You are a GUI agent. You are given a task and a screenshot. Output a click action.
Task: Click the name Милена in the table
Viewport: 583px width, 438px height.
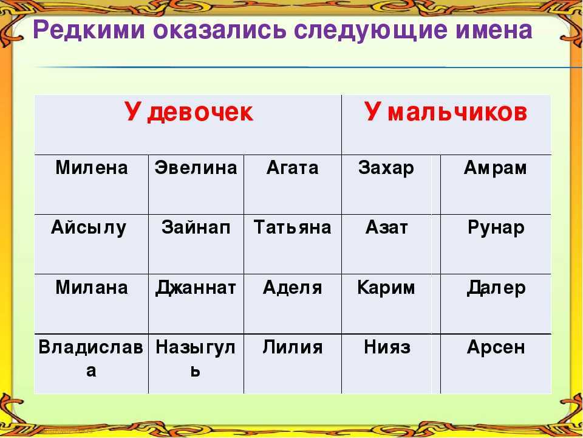click(x=92, y=168)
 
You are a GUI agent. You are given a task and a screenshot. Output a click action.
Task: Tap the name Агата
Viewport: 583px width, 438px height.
click(x=293, y=168)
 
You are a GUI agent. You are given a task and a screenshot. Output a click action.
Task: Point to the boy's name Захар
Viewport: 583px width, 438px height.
click(x=386, y=169)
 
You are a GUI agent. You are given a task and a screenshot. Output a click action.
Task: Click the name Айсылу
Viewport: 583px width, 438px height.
click(x=89, y=229)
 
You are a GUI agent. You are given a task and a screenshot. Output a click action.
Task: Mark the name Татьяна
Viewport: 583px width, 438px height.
click(x=292, y=228)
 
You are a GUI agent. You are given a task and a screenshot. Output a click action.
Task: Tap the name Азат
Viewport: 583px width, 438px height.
click(x=387, y=228)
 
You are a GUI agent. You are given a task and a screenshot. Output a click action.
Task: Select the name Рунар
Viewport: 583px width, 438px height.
click(x=496, y=229)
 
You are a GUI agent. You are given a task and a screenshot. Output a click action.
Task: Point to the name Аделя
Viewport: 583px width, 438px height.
click(x=292, y=288)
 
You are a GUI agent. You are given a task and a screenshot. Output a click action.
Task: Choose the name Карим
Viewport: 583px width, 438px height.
click(x=386, y=288)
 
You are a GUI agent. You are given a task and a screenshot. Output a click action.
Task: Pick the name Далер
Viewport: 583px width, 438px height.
click(x=496, y=288)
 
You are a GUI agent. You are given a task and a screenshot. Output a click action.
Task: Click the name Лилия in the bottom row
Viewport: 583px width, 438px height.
click(x=292, y=347)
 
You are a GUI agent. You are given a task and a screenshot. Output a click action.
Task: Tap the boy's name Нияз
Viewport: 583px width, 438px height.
click(x=387, y=347)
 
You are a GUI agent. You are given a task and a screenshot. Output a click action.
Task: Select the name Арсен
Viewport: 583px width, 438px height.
click(x=496, y=348)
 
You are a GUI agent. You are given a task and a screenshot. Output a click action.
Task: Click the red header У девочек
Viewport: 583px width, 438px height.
click(x=189, y=112)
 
